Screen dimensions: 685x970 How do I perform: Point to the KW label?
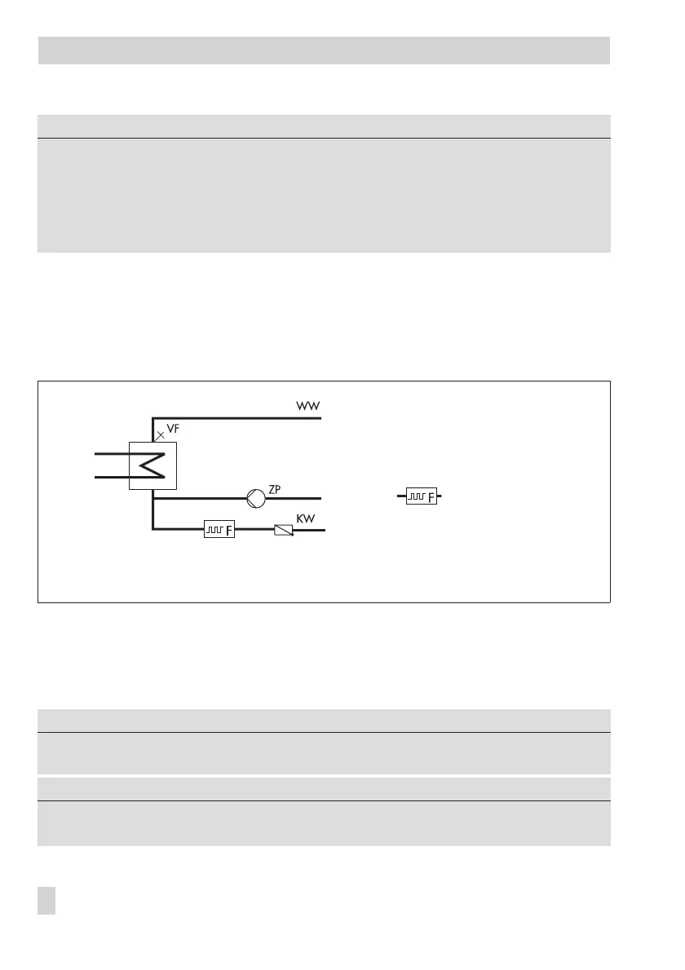click(x=307, y=519)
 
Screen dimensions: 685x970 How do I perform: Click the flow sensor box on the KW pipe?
click(x=219, y=531)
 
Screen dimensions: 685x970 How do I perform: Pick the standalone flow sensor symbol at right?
click(x=421, y=495)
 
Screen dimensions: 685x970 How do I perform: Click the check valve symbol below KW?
click(x=282, y=531)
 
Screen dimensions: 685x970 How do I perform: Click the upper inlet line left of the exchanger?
click(x=113, y=453)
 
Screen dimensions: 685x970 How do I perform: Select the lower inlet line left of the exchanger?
click(x=113, y=477)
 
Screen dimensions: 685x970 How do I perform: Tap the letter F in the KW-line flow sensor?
click(x=228, y=531)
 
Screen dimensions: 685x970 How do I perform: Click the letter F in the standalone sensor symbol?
click(x=431, y=496)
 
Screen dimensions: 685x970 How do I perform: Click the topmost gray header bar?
click(x=324, y=50)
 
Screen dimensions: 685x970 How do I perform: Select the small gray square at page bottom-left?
click(x=46, y=901)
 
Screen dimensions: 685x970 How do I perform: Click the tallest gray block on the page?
click(x=324, y=195)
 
